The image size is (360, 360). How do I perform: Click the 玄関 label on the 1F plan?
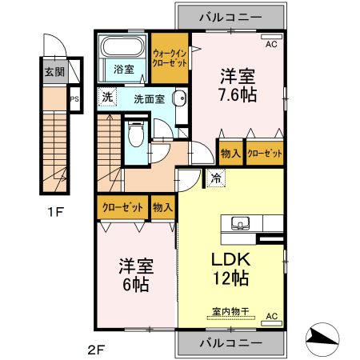(53, 72)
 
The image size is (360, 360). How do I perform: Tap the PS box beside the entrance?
(74, 100)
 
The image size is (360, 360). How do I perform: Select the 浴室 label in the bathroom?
(122, 70)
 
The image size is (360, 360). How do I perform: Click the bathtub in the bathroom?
(122, 49)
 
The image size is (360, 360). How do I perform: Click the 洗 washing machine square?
(106, 98)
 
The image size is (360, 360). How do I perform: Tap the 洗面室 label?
(148, 100)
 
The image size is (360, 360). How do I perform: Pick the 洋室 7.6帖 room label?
(238, 86)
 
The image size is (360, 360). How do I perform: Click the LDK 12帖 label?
(231, 269)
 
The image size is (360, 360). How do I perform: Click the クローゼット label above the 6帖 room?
(122, 207)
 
